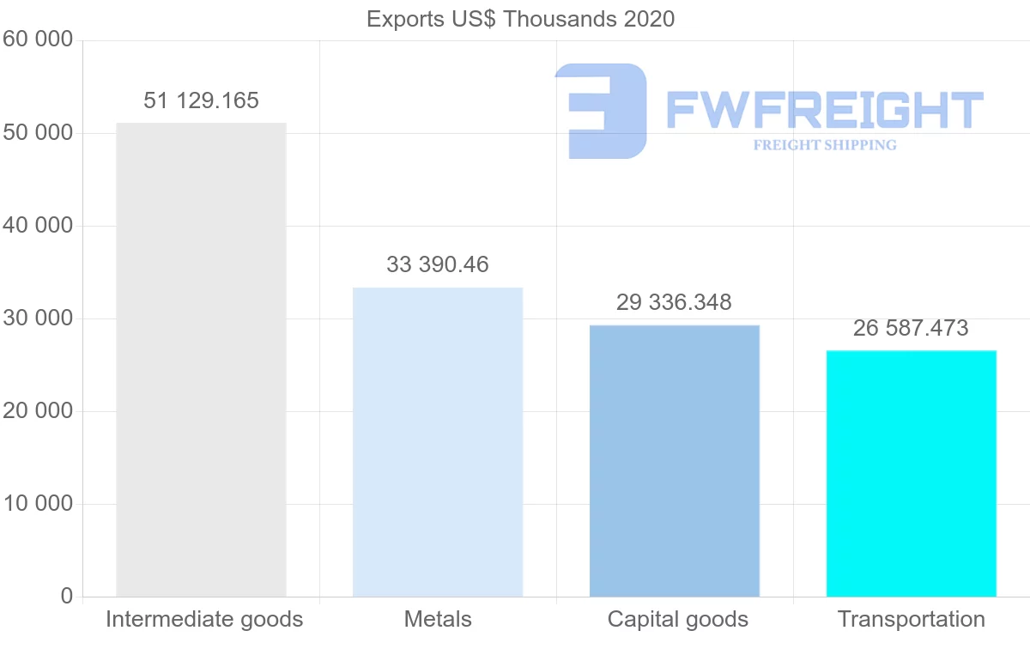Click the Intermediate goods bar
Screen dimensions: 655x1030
coord(201,360)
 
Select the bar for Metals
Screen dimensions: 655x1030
coord(438,442)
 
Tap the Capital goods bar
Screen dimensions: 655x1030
coord(675,461)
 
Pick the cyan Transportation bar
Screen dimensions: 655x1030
coord(912,473)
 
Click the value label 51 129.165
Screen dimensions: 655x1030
coord(201,101)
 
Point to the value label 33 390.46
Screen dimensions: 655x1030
coord(438,264)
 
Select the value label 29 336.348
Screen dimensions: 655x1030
coord(674,302)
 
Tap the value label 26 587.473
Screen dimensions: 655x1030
coord(911,328)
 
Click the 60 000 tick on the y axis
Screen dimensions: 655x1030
coord(38,39)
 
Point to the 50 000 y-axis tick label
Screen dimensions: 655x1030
coord(38,133)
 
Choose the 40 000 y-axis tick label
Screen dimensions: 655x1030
coord(38,226)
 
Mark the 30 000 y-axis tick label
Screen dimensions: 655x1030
coord(38,318)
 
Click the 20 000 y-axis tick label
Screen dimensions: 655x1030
coord(38,411)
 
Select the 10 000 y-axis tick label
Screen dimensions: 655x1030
coord(38,504)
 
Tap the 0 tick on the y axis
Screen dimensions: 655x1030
coord(67,597)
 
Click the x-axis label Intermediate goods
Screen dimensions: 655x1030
coord(204,619)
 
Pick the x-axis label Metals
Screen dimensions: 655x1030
coord(438,619)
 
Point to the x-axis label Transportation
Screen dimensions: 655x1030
coord(912,619)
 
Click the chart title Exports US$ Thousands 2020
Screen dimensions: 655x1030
coord(521,19)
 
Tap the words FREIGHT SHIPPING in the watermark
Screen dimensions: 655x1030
coord(825,145)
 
